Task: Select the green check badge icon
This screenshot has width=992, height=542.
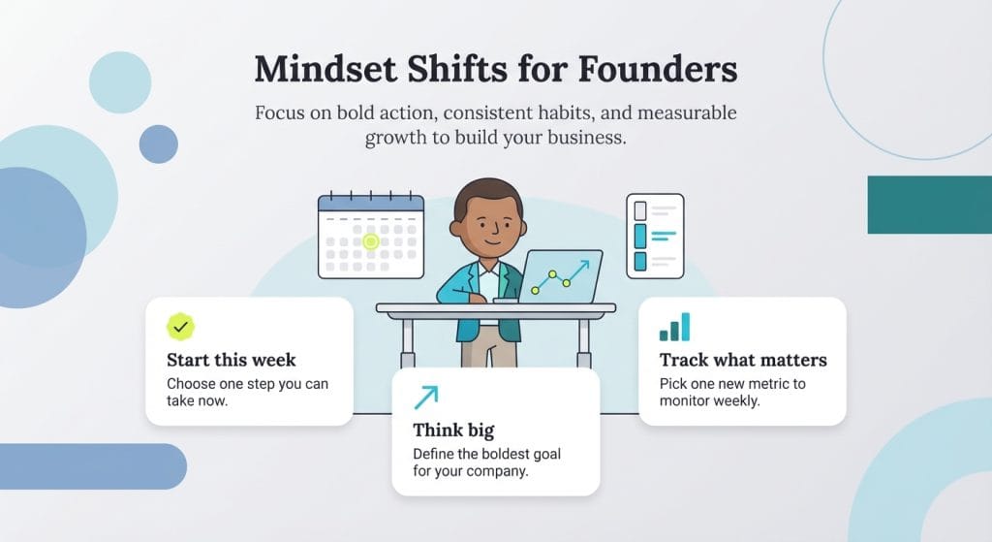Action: point(180,326)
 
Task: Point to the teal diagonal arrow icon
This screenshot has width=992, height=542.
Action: point(425,397)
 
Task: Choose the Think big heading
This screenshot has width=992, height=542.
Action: point(455,430)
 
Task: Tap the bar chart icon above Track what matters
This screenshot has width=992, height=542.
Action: point(674,327)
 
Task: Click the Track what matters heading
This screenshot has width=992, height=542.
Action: point(742,360)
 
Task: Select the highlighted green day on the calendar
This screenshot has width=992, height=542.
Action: point(370,241)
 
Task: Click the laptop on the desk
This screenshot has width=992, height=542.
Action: point(561,273)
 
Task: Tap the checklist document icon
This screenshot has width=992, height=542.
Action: point(654,235)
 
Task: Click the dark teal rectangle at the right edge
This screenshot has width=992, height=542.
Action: point(929,205)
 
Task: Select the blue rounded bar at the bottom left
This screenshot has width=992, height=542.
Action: point(92,466)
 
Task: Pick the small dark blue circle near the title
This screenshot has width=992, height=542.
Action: point(158,143)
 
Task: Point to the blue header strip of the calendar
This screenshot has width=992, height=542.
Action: point(371,204)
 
